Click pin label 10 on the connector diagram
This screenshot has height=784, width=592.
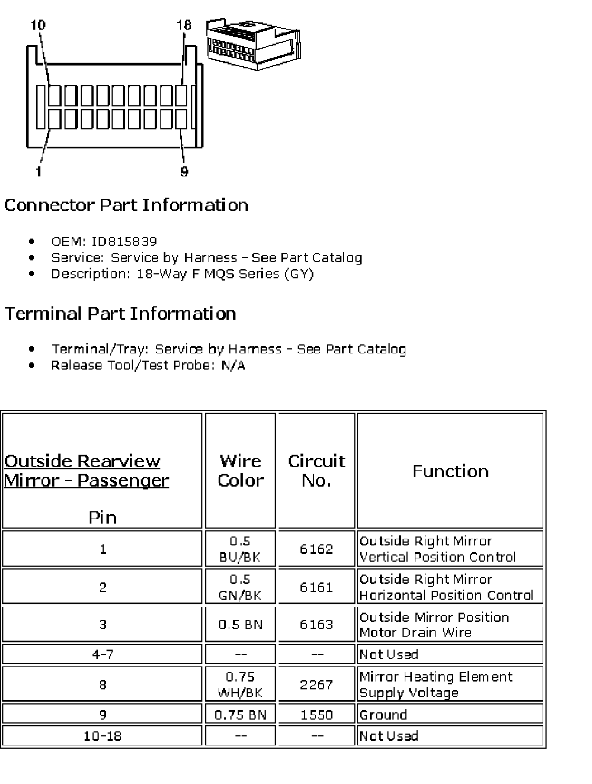pyautogui.click(x=38, y=25)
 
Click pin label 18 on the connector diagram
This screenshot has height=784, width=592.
pyautogui.click(x=183, y=25)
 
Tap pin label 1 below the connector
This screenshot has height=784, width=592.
pyautogui.click(x=38, y=171)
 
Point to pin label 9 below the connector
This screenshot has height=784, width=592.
pyautogui.click(x=184, y=171)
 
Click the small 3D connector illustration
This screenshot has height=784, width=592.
pyautogui.click(x=255, y=45)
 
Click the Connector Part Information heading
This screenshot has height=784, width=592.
pyautogui.click(x=126, y=205)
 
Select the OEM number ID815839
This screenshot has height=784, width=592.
pyautogui.click(x=124, y=241)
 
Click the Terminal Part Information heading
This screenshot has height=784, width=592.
pyautogui.click(x=120, y=314)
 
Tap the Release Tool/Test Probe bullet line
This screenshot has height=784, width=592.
pyautogui.click(x=148, y=366)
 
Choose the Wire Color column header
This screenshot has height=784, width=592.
pyautogui.click(x=240, y=470)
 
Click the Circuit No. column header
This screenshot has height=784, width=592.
pyautogui.click(x=316, y=470)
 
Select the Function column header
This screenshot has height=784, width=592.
pyautogui.click(x=450, y=471)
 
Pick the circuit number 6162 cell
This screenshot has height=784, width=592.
pyautogui.click(x=316, y=549)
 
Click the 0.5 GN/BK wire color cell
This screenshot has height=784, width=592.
pyautogui.click(x=240, y=587)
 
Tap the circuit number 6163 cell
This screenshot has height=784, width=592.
pyautogui.click(x=316, y=624)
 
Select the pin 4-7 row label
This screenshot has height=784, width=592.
pyautogui.click(x=103, y=654)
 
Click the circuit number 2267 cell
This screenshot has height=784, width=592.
pyautogui.click(x=316, y=684)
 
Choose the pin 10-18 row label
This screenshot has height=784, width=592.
pyautogui.click(x=103, y=736)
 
